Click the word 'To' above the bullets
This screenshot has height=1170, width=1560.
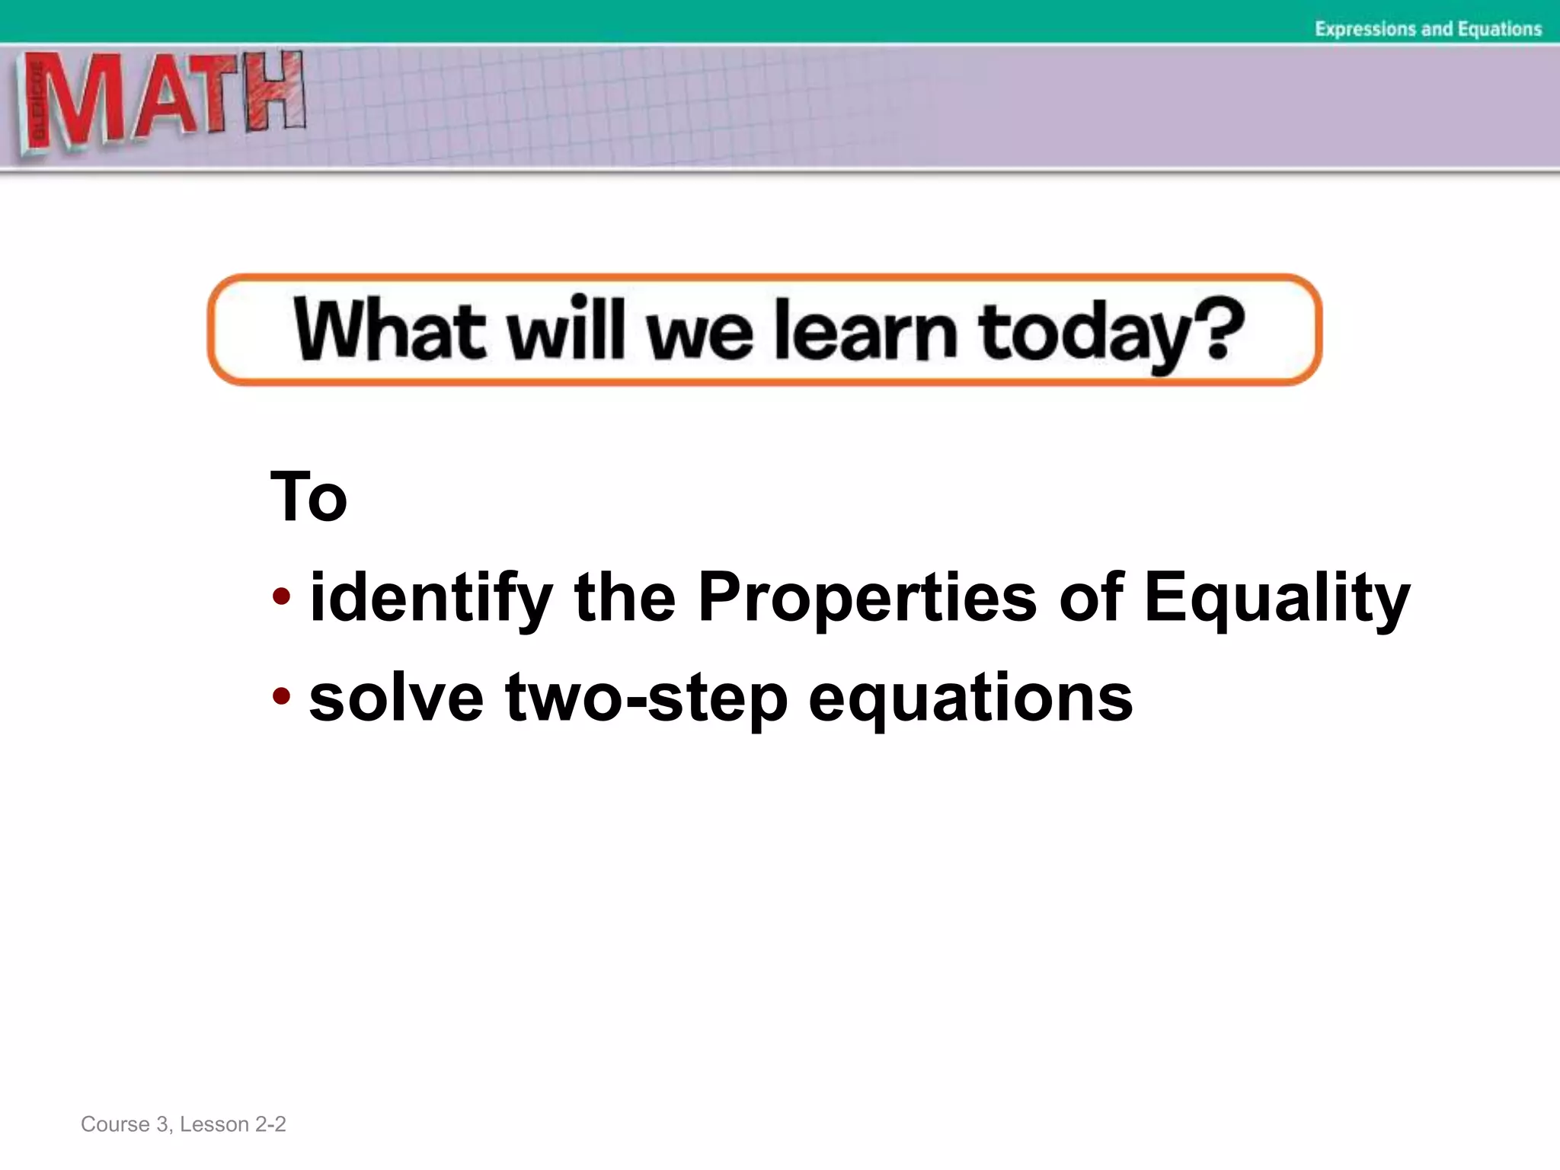[308, 497]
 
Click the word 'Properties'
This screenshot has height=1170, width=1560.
[867, 599]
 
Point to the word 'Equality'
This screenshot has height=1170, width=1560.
[1277, 599]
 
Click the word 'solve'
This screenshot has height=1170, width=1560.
[396, 698]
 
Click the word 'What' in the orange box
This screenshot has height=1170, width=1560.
[389, 330]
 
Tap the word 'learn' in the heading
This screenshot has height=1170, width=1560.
[865, 331]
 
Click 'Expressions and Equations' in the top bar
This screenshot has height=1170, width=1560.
[1427, 29]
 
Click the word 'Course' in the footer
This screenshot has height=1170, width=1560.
[114, 1124]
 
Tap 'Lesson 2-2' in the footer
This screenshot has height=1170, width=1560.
[232, 1124]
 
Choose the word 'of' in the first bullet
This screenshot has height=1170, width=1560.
[1091, 597]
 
